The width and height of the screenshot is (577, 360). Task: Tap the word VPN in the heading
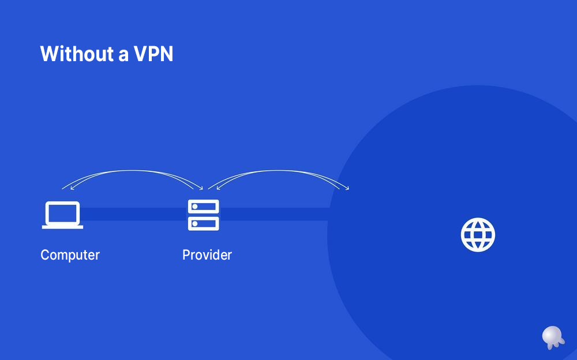tap(153, 54)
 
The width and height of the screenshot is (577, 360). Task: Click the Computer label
tap(70, 255)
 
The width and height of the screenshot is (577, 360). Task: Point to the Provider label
tap(207, 255)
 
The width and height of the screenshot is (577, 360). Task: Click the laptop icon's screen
tap(62, 213)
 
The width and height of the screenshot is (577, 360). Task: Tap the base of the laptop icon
tap(62, 227)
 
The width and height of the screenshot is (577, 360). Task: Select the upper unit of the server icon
tap(204, 207)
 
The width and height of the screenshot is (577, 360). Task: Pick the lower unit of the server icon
tap(204, 223)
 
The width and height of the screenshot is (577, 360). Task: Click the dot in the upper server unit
tap(195, 207)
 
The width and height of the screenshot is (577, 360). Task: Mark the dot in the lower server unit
tap(195, 223)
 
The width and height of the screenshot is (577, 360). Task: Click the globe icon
tap(478, 235)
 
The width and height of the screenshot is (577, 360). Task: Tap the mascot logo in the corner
tap(552, 336)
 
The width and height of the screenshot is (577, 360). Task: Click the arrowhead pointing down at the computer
tap(63, 188)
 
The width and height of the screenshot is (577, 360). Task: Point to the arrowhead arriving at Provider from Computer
tap(201, 187)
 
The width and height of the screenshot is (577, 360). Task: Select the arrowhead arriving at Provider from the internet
tap(209, 187)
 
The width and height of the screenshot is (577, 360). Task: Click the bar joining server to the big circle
tap(274, 214)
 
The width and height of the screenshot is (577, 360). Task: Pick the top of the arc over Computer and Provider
tap(133, 171)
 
